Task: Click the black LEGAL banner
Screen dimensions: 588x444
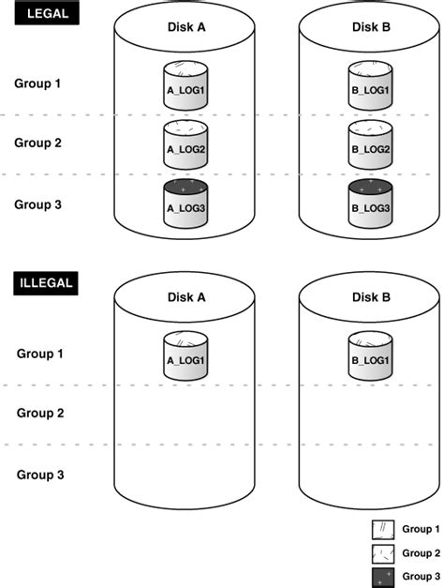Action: pos(38,16)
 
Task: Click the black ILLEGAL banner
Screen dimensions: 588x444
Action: pos(44,282)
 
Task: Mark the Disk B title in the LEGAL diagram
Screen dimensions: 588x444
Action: pos(369,26)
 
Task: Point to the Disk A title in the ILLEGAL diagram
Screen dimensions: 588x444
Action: pos(185,297)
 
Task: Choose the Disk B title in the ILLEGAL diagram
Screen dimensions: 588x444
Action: pos(370,297)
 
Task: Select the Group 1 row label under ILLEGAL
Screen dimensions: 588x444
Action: pos(40,354)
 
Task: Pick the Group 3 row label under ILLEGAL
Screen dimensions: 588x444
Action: pos(40,475)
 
